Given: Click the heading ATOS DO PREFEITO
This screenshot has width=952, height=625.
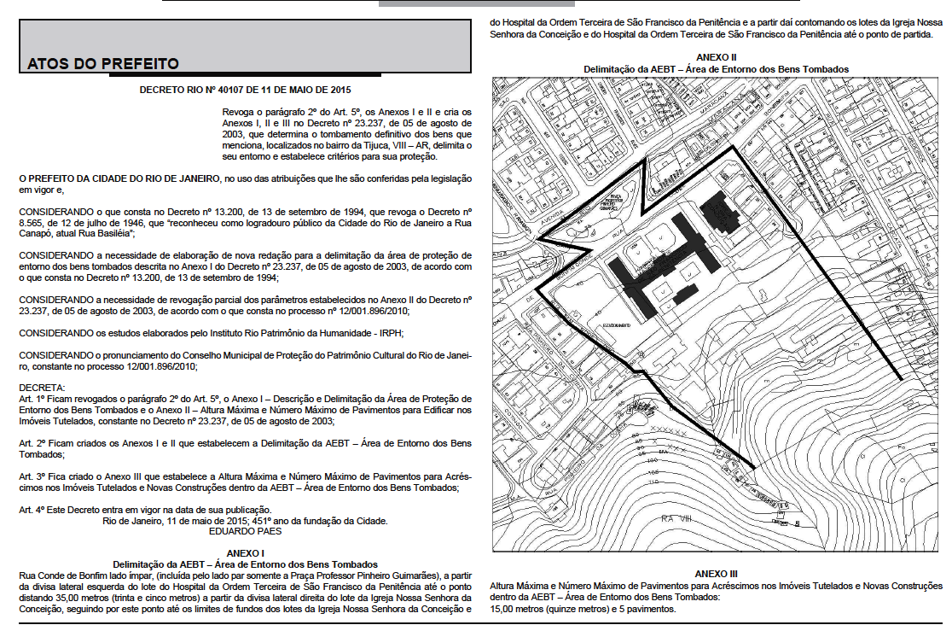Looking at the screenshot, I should [x=103, y=63].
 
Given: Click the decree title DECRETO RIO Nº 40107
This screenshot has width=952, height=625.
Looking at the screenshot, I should [x=245, y=89].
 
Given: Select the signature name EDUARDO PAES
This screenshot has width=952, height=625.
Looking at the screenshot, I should [x=245, y=530].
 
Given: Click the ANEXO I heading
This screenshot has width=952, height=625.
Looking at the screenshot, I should [x=245, y=553].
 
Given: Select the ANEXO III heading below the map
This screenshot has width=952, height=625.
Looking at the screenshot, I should [x=716, y=575].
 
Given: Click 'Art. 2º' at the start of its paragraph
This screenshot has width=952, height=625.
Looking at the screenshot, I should [x=33, y=443].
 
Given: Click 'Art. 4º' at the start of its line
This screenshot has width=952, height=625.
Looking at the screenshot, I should [x=33, y=509].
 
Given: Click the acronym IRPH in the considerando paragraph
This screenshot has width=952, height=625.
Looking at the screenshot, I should [x=386, y=332].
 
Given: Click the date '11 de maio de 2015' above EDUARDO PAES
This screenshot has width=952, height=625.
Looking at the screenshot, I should [x=194, y=520].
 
